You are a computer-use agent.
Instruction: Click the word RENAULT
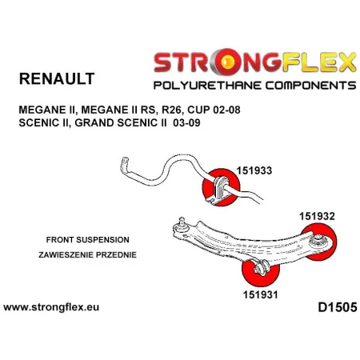(54, 78)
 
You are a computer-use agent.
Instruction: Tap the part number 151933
(254, 170)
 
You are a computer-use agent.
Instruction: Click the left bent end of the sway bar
(126, 166)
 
